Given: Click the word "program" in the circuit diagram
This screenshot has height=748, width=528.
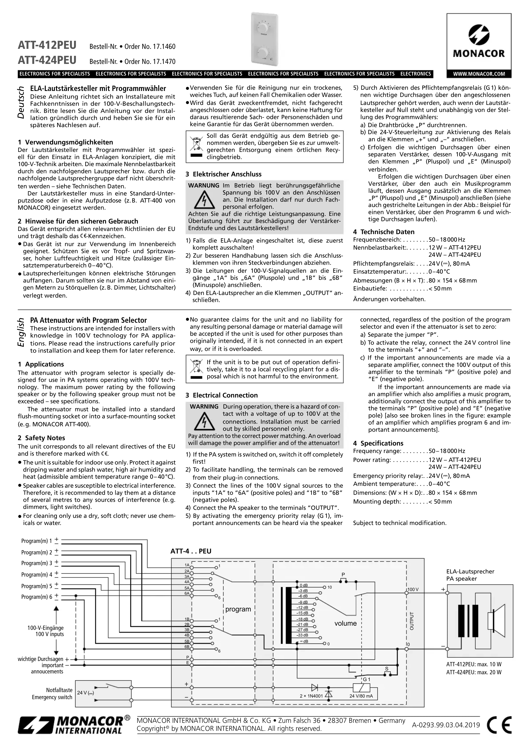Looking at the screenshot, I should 238,609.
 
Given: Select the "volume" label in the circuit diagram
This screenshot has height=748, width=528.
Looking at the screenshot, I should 345,623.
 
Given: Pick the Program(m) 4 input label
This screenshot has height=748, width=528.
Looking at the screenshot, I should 36,575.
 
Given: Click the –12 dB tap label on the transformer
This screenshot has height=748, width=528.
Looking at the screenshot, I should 302,608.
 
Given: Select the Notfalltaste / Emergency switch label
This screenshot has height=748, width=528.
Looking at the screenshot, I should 52,694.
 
